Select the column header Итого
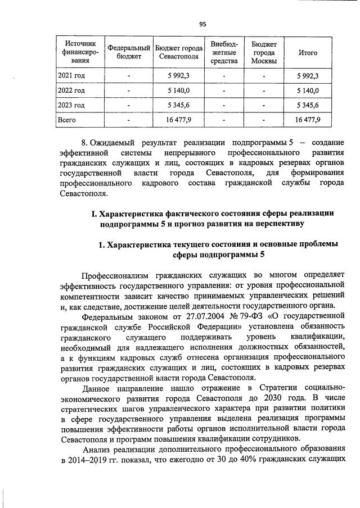click(x=308, y=53)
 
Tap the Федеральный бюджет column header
click(x=129, y=53)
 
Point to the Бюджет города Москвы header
click(x=264, y=53)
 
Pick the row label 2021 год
click(x=71, y=75)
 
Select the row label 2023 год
click(x=71, y=105)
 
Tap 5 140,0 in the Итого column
click(x=308, y=90)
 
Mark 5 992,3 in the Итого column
click(x=308, y=75)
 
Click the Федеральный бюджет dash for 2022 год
click(x=129, y=90)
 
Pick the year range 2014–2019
click(x=87, y=459)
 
